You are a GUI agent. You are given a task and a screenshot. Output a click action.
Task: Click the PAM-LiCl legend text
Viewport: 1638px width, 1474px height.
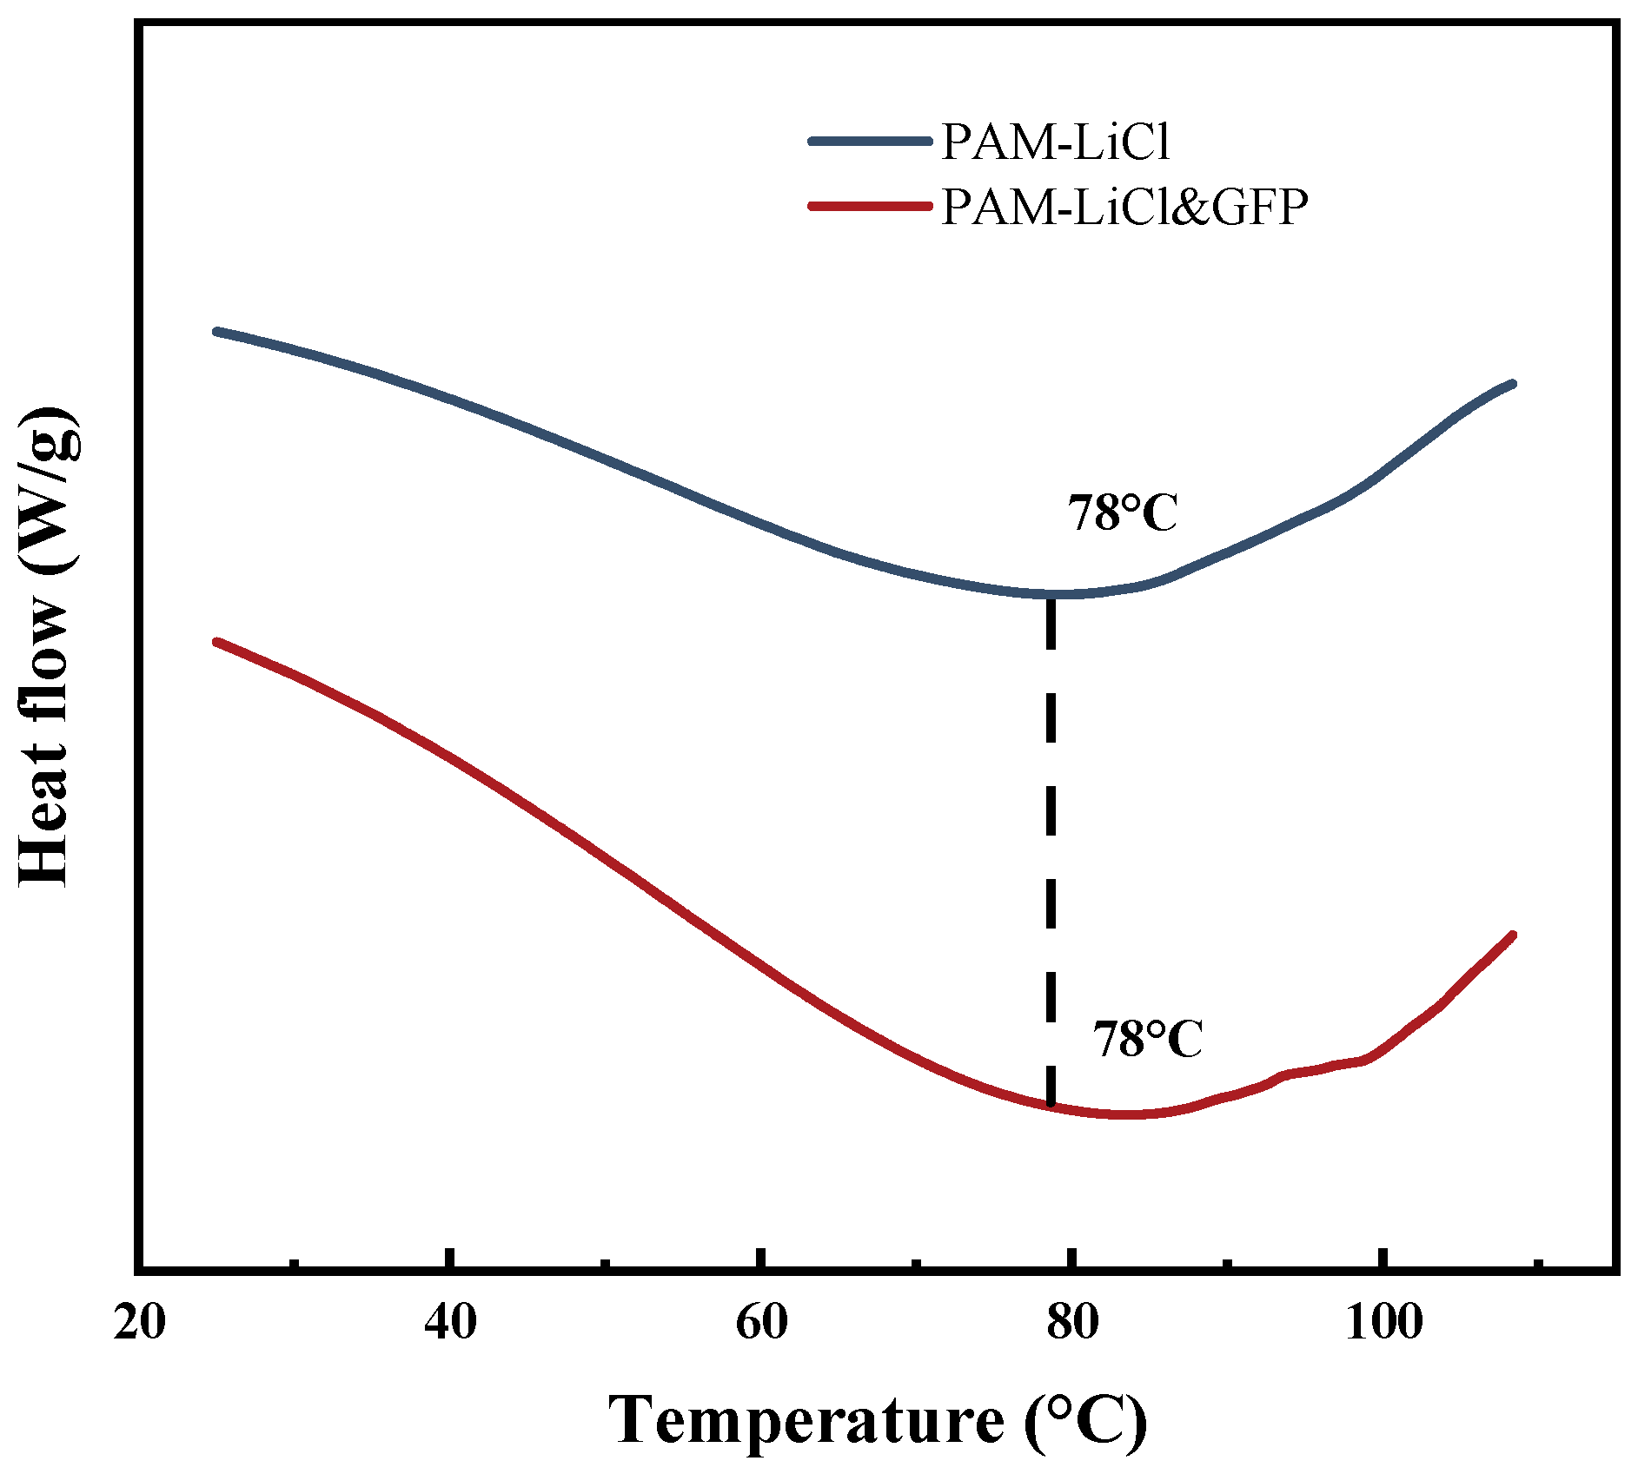(x=1055, y=142)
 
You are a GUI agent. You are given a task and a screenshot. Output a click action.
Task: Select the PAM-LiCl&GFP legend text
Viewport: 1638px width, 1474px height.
(x=1124, y=207)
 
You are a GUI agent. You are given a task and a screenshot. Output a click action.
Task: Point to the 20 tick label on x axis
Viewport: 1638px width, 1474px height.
(x=139, y=1324)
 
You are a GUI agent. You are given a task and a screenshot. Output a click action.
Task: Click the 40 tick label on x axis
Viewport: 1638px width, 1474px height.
(x=450, y=1324)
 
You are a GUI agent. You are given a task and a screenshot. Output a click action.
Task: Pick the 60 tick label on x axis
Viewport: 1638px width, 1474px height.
(x=761, y=1324)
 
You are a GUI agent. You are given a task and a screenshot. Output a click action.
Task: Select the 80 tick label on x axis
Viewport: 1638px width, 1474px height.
(x=1072, y=1324)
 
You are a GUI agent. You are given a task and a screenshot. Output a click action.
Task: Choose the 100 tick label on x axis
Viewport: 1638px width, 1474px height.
(x=1383, y=1324)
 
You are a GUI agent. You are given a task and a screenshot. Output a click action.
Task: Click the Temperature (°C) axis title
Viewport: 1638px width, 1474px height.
(x=878, y=1420)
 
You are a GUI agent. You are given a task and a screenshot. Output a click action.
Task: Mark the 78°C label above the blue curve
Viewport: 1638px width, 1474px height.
(x=1122, y=512)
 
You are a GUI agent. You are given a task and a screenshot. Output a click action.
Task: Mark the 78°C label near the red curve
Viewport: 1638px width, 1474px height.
(x=1147, y=1038)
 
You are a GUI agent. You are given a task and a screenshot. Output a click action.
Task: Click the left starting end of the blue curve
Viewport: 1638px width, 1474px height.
(x=216, y=331)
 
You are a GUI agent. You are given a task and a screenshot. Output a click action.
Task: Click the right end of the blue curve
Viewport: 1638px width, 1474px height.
(x=1513, y=384)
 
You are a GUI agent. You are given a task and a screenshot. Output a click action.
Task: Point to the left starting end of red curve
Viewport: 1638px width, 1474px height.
(x=216, y=642)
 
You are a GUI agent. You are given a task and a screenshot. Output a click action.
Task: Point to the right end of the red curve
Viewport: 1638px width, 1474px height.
(x=1513, y=935)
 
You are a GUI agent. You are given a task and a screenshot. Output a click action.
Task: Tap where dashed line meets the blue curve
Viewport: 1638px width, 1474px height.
(x=1051, y=595)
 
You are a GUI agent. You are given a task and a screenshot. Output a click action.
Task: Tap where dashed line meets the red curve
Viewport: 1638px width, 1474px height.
(x=1051, y=1106)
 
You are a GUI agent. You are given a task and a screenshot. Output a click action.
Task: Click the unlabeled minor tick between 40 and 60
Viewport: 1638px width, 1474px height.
(x=606, y=1261)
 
